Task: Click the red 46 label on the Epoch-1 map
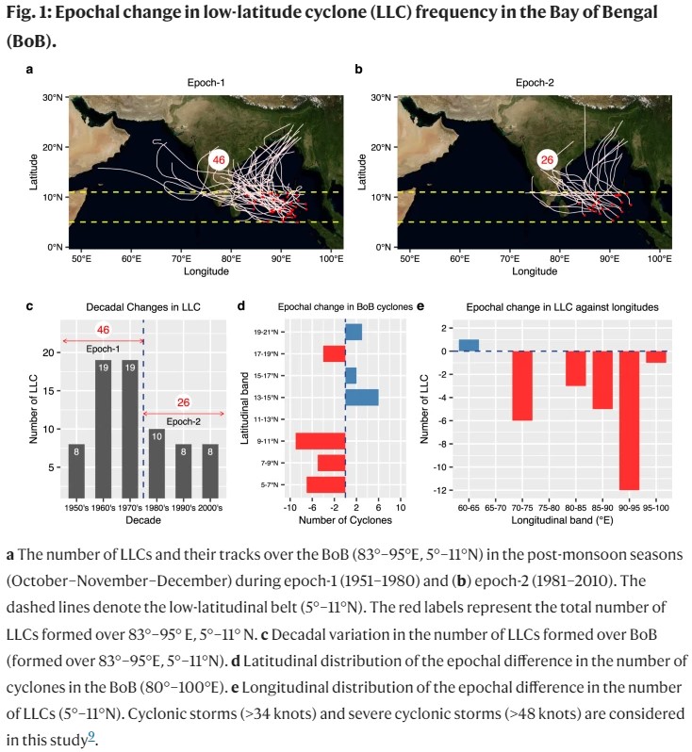point(219,161)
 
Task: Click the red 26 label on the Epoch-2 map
point(547,161)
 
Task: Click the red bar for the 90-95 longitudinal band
point(629,420)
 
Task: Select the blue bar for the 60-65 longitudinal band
point(469,345)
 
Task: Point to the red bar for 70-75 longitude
point(522,385)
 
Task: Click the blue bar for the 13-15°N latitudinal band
point(361,398)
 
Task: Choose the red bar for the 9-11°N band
point(321,440)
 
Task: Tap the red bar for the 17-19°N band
point(334,353)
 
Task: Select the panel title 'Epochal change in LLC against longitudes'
point(563,307)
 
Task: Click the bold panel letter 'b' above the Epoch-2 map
point(359,70)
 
